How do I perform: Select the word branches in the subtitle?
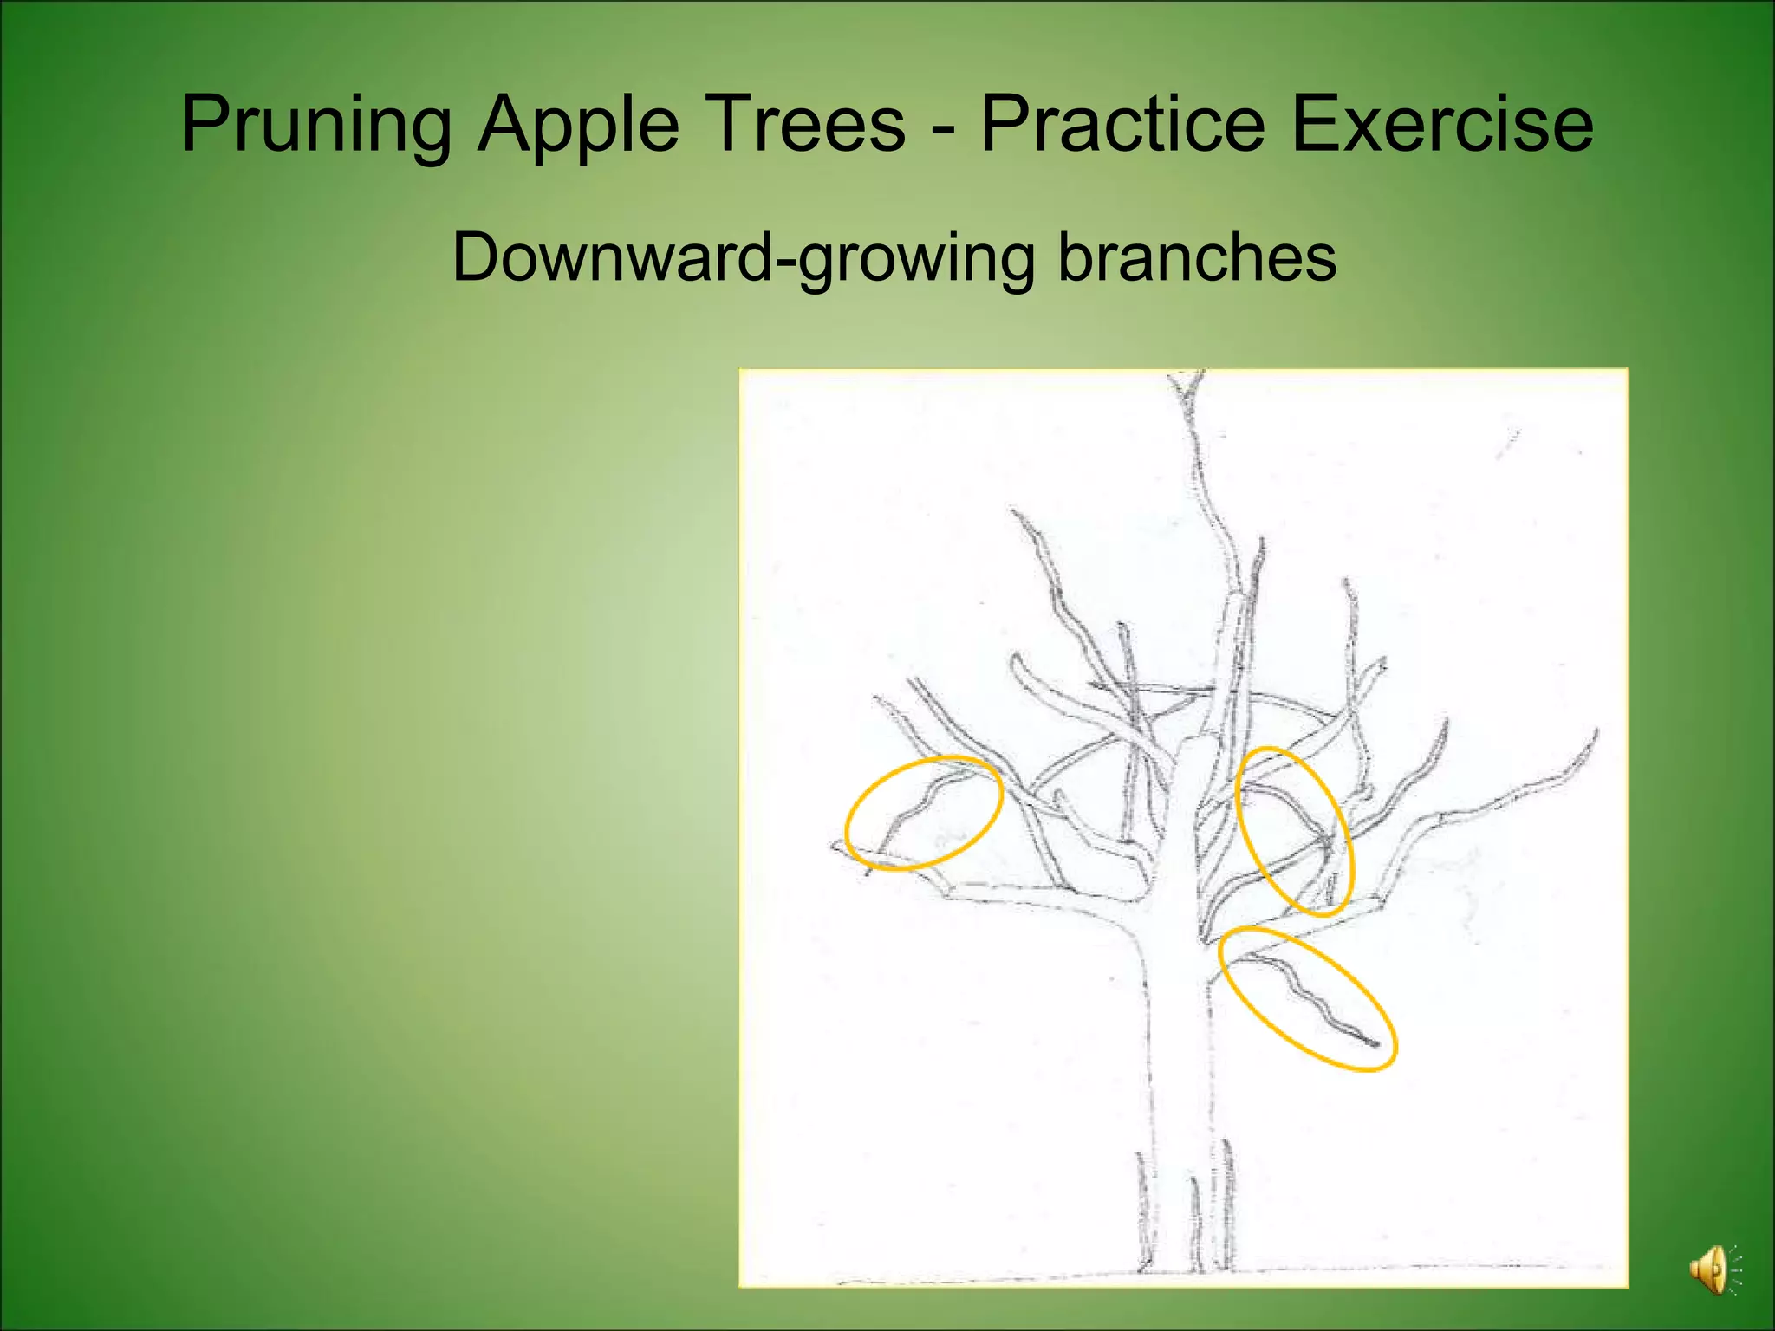coord(1197,257)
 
